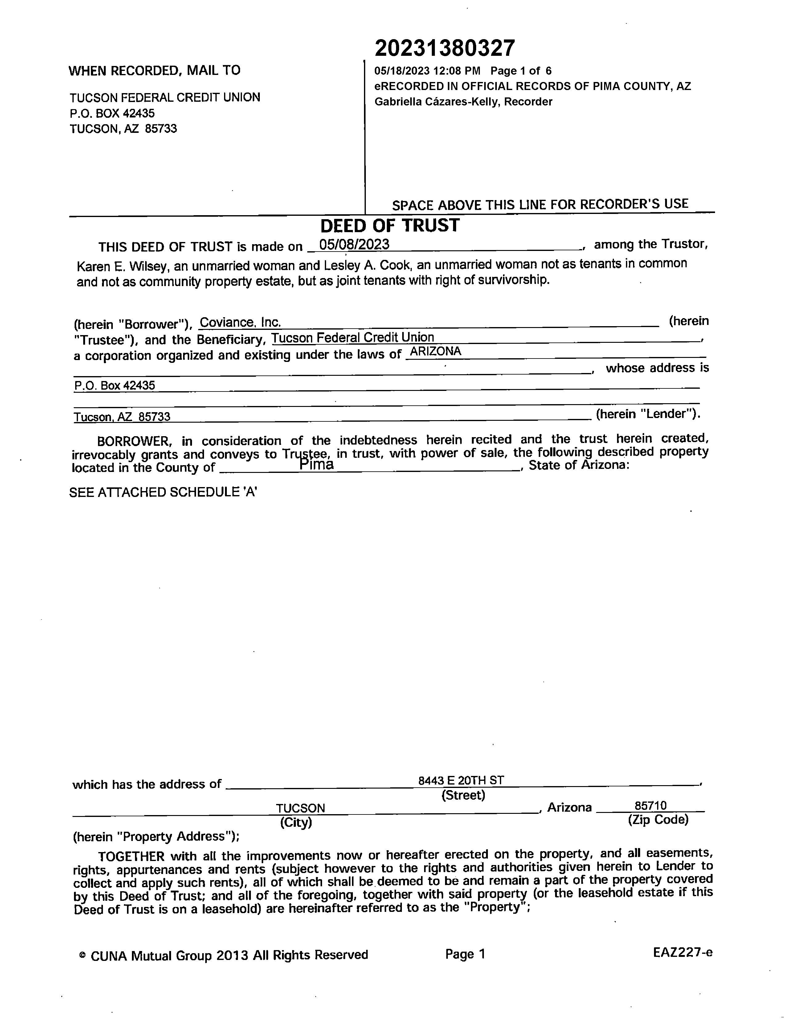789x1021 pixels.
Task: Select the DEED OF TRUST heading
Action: click(x=390, y=226)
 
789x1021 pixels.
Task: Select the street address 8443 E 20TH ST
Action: click(x=461, y=780)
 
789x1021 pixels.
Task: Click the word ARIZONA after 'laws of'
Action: click(x=435, y=351)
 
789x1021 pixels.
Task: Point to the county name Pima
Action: click(x=317, y=465)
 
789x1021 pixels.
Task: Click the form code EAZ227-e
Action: click(x=682, y=952)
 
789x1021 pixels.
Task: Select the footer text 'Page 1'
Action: click(x=465, y=954)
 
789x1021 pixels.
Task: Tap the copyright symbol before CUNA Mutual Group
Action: click(x=83, y=955)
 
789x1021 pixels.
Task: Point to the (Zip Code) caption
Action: click(x=658, y=819)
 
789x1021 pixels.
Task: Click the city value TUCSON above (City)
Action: click(x=300, y=808)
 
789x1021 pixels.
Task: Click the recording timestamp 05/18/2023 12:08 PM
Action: click(x=427, y=71)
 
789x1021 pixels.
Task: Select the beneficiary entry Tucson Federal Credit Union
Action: click(x=353, y=338)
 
